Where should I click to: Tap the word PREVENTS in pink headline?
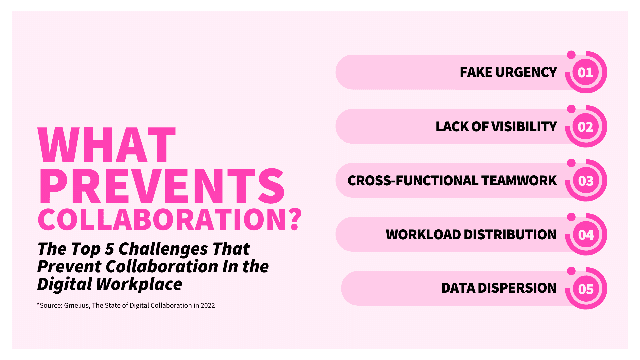(162, 186)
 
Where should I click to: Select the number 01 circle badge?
(586, 72)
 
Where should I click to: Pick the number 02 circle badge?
(586, 127)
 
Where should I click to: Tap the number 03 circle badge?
(586, 181)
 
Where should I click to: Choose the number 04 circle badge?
(586, 235)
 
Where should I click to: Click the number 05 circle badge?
(586, 289)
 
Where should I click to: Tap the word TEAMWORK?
(519, 181)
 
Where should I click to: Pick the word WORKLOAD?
(423, 235)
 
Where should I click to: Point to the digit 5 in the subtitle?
(109, 249)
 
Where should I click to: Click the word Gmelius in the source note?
(76, 305)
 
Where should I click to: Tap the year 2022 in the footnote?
(207, 305)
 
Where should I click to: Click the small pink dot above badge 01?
(571, 55)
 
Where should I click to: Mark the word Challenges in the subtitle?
(163, 249)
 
